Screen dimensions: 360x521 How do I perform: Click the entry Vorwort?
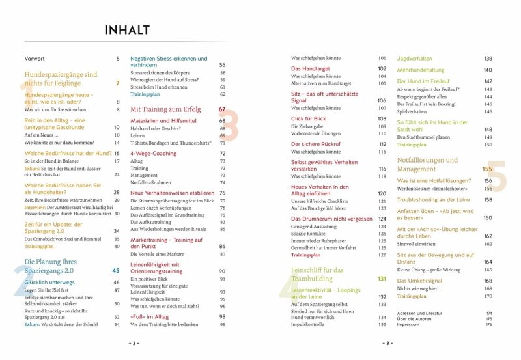click(35, 59)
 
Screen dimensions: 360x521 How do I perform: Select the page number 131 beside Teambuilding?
click(382, 279)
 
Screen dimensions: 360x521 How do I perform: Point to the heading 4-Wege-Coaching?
click(153, 153)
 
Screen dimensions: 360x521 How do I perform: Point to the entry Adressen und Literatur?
click(421, 313)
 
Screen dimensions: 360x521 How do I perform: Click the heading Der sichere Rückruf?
click(317, 144)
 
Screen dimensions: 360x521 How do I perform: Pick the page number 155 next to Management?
click(487, 169)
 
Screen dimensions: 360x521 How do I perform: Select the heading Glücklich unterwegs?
click(48, 283)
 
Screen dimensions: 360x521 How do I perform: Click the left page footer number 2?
click(133, 343)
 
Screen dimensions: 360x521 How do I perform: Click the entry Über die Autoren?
click(415, 318)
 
